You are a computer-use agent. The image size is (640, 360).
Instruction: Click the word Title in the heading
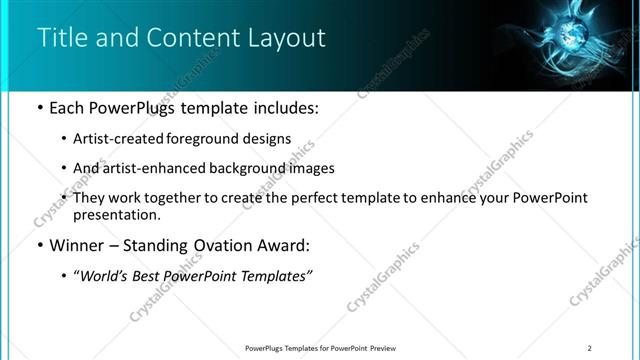coord(60,38)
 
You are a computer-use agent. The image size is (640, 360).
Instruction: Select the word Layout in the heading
coord(289,38)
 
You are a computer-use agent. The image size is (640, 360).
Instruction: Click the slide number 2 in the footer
coord(590,348)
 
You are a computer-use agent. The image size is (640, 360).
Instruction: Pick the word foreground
coord(219,138)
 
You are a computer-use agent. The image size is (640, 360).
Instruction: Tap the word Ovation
coord(227,245)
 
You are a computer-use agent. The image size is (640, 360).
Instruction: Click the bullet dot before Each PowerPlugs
coord(38,107)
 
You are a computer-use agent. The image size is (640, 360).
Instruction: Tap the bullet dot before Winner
coord(38,245)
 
